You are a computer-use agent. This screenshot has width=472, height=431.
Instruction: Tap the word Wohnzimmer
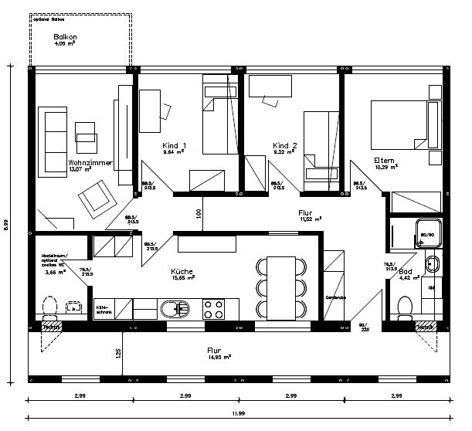click(90, 164)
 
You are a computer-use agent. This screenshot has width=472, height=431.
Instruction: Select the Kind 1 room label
click(174, 146)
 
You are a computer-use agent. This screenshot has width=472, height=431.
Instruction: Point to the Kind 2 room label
click(285, 145)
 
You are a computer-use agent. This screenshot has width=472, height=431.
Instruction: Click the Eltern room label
click(384, 160)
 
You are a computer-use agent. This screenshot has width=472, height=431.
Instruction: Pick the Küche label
click(182, 272)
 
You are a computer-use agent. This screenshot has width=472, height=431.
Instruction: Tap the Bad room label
click(406, 273)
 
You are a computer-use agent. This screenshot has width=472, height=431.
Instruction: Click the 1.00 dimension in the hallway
click(199, 212)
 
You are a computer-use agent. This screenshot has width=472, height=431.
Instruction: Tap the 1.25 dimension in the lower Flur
click(118, 352)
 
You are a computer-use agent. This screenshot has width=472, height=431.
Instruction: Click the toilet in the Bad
click(404, 308)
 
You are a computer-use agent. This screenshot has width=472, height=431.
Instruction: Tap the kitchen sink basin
click(170, 310)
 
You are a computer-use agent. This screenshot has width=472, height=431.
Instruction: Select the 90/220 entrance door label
click(364, 327)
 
